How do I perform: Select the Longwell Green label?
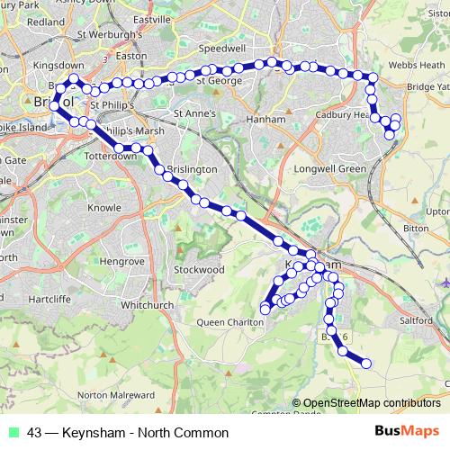329,168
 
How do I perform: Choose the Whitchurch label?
146,305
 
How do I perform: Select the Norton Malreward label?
116,394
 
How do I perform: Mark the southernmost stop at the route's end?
366,364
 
